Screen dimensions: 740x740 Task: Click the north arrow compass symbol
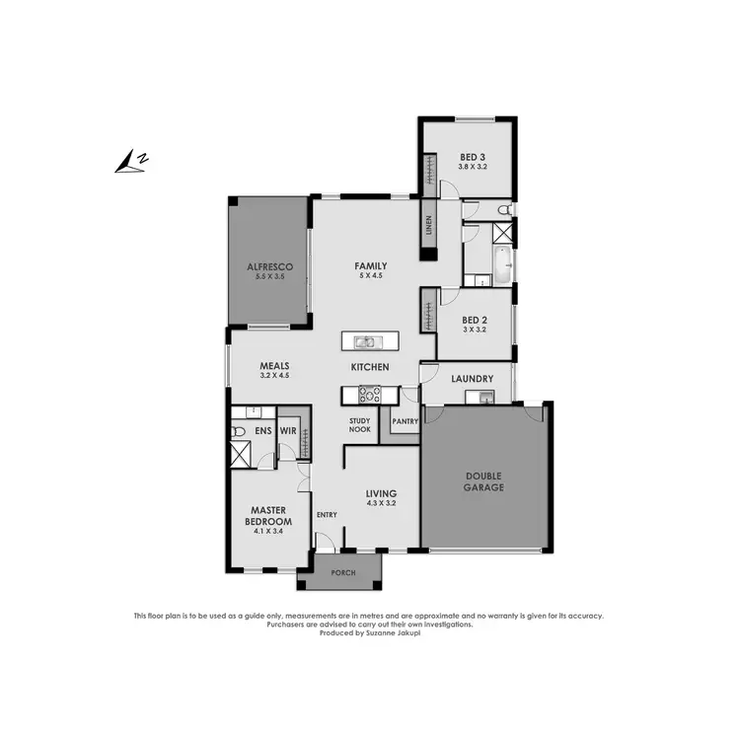click(130, 162)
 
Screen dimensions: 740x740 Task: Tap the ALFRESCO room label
click(265, 267)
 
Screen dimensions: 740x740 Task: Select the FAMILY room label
click(371, 265)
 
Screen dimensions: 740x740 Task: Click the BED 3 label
click(473, 157)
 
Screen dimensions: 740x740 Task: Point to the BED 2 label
click(475, 320)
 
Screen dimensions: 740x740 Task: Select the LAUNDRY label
click(472, 379)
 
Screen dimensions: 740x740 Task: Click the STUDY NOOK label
click(360, 425)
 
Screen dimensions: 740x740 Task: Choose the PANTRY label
click(406, 421)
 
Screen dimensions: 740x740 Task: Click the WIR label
click(288, 431)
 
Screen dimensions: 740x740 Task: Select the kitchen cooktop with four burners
click(369, 395)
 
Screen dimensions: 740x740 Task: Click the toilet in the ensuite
click(239, 431)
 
